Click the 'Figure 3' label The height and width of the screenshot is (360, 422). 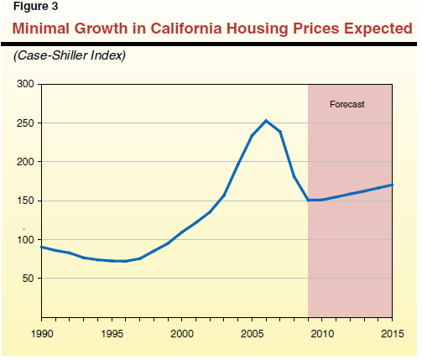click(35, 7)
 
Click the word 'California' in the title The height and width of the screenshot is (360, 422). click(186, 29)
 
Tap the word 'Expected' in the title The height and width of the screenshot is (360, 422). click(378, 29)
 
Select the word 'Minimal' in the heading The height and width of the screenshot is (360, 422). click(41, 29)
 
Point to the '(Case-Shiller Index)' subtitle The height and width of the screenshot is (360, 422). click(70, 55)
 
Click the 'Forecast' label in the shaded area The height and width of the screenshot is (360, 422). click(346, 104)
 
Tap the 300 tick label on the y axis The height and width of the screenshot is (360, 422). click(25, 84)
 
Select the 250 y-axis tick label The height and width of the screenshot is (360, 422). click(25, 123)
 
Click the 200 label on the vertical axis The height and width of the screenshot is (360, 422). click(25, 162)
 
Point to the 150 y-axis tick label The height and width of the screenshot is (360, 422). click(25, 201)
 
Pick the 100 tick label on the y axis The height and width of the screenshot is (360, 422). click(25, 240)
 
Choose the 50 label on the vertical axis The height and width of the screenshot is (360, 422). click(29, 279)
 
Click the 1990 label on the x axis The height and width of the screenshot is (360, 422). click(42, 334)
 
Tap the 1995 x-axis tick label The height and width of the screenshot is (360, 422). click(112, 334)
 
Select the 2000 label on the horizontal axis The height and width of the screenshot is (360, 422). click(182, 334)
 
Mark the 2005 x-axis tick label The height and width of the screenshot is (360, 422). click(253, 334)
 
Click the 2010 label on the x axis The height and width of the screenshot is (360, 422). click(322, 334)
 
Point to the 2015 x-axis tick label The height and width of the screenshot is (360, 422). click(393, 334)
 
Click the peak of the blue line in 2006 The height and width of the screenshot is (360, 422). click(266, 121)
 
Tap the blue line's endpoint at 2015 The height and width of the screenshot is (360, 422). click(392, 185)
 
